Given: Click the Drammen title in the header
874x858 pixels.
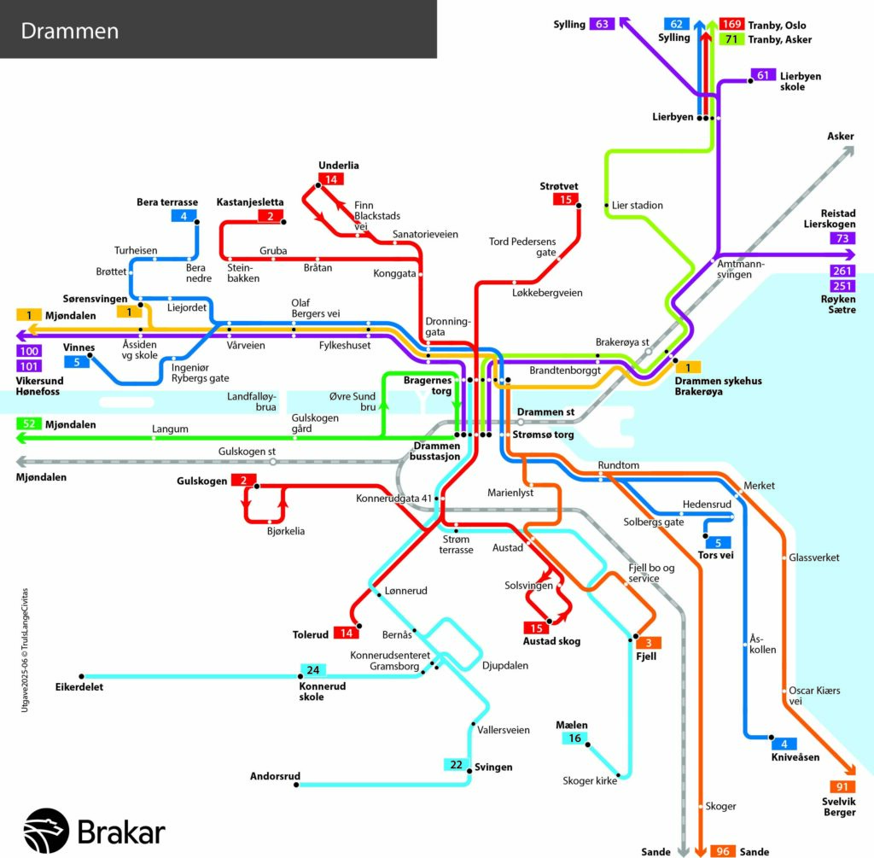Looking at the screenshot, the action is pyautogui.click(x=70, y=31).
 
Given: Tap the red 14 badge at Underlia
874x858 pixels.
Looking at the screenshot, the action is pyautogui.click(x=331, y=179).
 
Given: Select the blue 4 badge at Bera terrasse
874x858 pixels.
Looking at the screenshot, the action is pyautogui.click(x=184, y=216).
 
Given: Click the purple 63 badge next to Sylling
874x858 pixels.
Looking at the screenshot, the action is pyautogui.click(x=602, y=24).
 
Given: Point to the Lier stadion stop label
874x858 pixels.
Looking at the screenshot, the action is pyautogui.click(x=637, y=205).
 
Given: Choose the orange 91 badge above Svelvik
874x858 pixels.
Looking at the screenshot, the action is pyautogui.click(x=842, y=786).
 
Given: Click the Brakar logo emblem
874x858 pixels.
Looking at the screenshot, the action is pyautogui.click(x=46, y=830).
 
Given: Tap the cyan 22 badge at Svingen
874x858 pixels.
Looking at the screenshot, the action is pyautogui.click(x=456, y=764).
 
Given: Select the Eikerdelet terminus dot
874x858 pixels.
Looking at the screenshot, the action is pyautogui.click(x=81, y=676).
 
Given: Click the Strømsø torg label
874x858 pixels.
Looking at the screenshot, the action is pyautogui.click(x=543, y=435).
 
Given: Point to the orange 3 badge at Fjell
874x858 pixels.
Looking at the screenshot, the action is pyautogui.click(x=649, y=643).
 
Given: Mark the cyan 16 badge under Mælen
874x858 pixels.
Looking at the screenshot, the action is pyautogui.click(x=574, y=738).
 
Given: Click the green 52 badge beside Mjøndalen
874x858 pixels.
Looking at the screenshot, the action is pyautogui.click(x=29, y=423).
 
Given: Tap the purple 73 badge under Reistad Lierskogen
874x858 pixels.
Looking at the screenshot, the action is pyautogui.click(x=842, y=238).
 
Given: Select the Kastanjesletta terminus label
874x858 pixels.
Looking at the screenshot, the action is pyautogui.click(x=250, y=201).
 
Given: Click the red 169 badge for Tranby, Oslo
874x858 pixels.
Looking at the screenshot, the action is pyautogui.click(x=731, y=24).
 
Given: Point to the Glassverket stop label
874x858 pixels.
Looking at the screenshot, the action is pyautogui.click(x=813, y=557).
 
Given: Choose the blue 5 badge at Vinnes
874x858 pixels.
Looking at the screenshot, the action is pyautogui.click(x=77, y=362).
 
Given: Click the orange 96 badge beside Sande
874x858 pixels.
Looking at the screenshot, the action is pyautogui.click(x=723, y=851).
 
